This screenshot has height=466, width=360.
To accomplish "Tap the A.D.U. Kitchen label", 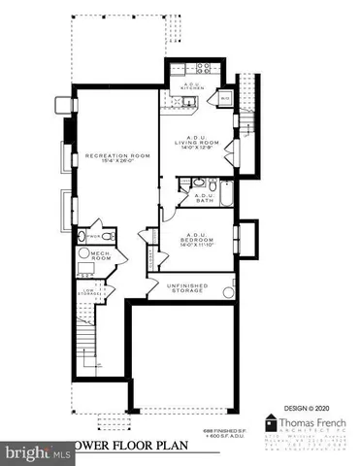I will [x=192, y=87].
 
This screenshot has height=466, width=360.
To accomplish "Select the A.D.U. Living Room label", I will [x=198, y=143].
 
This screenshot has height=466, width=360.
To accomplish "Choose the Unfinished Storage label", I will [x=187, y=287].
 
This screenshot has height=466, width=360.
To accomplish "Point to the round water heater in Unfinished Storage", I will [x=229, y=290].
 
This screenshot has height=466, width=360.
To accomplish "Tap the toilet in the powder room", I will [x=80, y=237].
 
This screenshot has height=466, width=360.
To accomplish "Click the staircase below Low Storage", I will [x=88, y=341].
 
